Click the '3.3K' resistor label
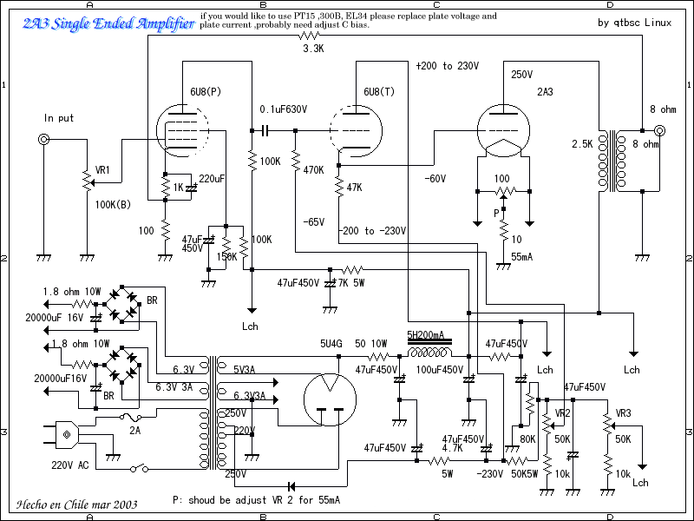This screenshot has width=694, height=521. pos(313,49)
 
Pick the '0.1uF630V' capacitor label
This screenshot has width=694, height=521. pos(285,109)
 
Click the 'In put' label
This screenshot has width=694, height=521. pos(59,117)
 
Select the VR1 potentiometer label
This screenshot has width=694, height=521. pos(102,170)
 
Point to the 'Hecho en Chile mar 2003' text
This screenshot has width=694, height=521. pos(76,504)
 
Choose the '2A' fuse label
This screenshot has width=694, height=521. pos(134,429)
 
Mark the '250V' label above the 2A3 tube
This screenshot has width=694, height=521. pos(523,75)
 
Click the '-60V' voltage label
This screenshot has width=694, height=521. pos(435,178)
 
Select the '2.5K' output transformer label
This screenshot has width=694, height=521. pos(581,143)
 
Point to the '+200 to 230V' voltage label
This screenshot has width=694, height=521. pos(447,66)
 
